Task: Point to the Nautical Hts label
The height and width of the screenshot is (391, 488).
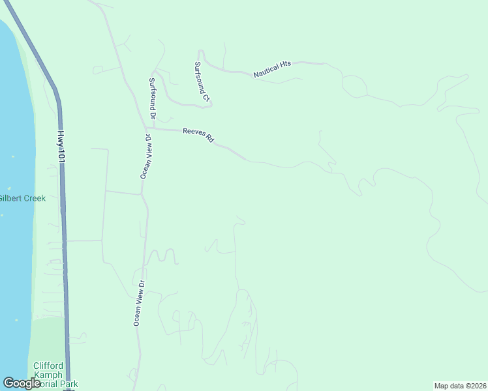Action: tap(272, 70)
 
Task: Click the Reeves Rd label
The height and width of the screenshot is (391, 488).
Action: tap(198, 135)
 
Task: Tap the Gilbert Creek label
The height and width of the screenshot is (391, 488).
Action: tap(22, 198)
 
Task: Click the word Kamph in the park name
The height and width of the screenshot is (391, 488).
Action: tap(49, 375)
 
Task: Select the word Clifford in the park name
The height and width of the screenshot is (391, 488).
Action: tap(49, 366)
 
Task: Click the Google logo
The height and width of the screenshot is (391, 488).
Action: tap(22, 383)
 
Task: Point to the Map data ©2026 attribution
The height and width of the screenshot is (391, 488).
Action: tap(460, 386)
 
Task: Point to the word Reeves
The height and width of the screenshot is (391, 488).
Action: tap(194, 133)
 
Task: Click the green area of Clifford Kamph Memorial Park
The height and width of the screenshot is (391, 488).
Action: tap(47, 339)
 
